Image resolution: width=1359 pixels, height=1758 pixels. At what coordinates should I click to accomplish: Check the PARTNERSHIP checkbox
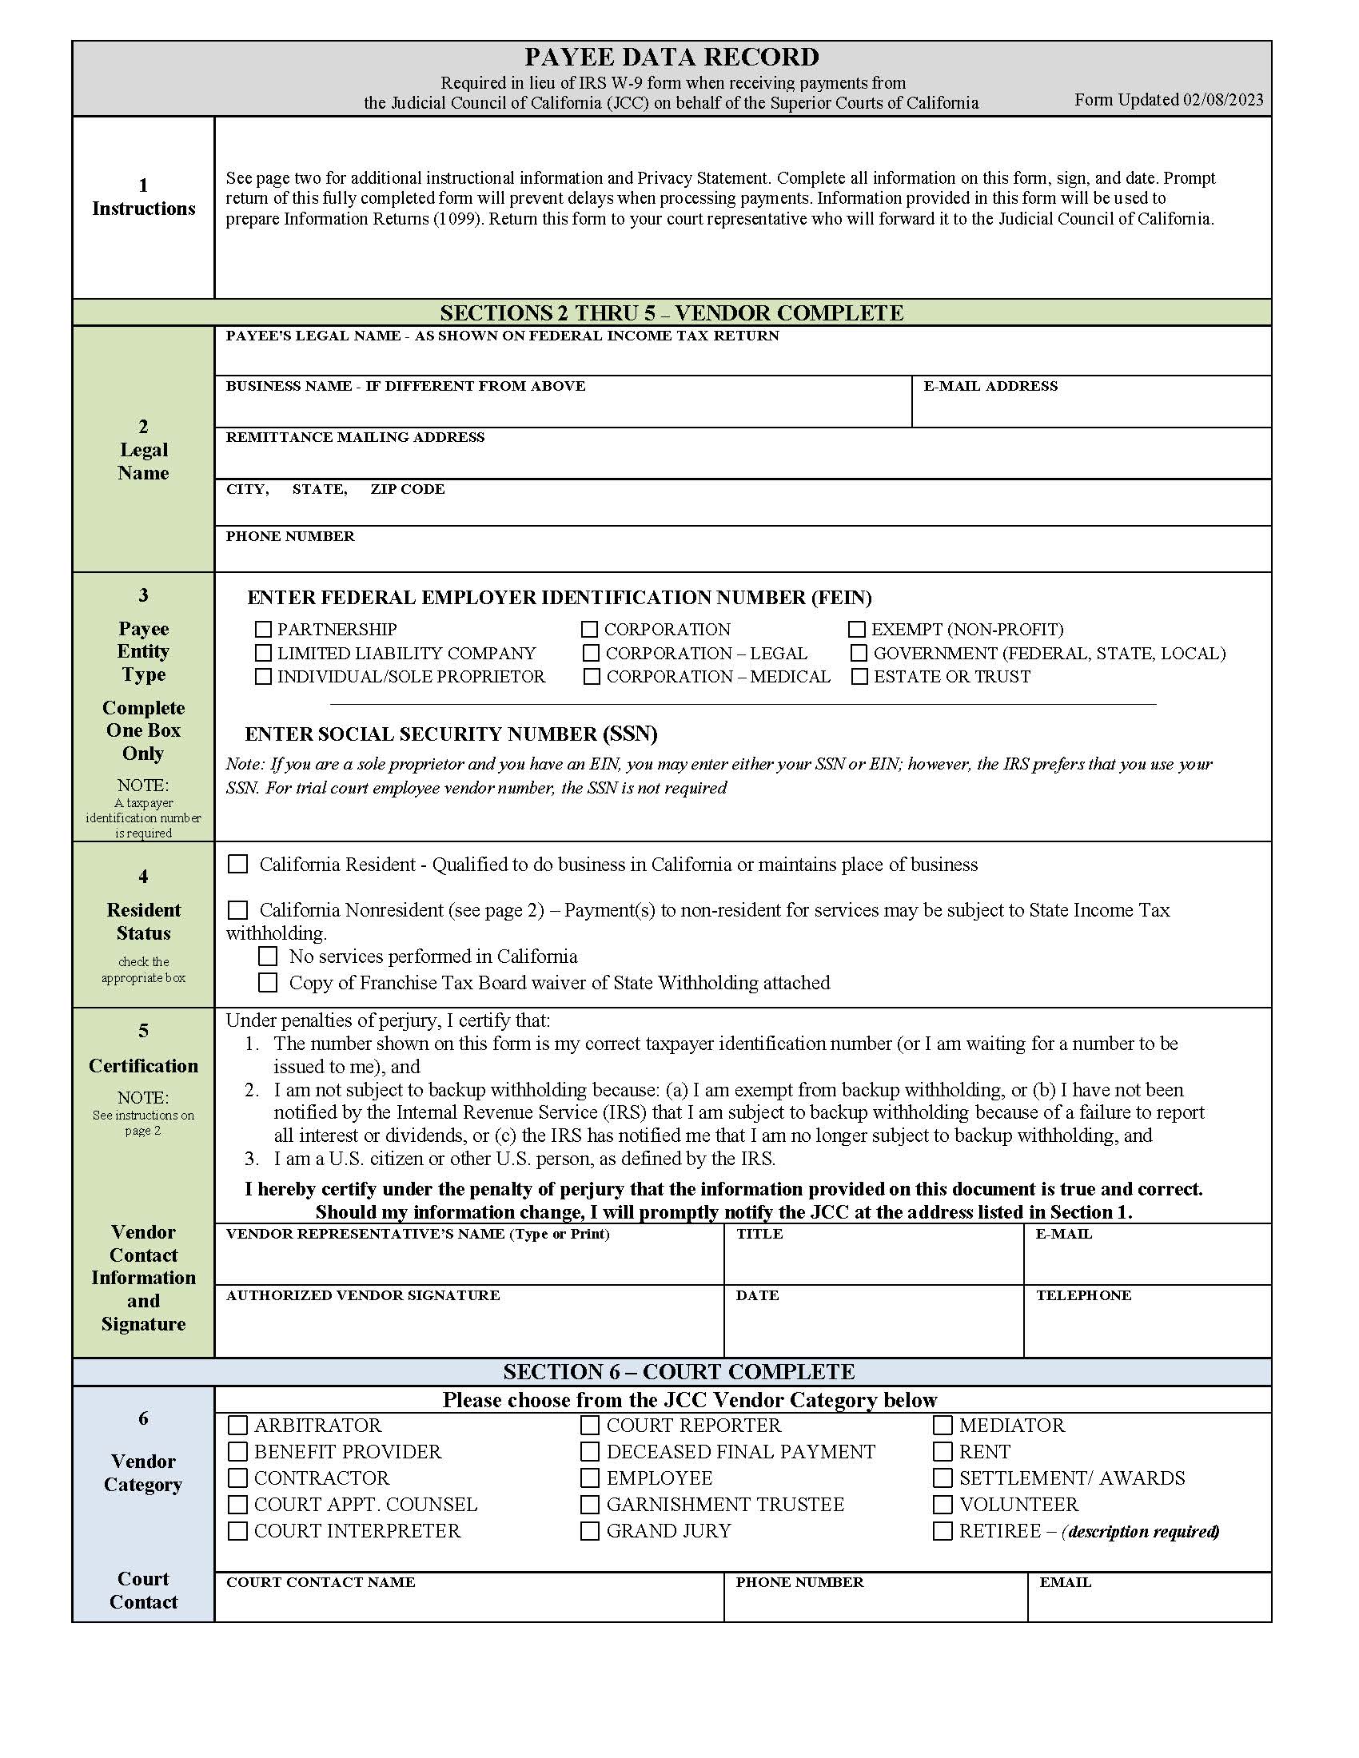263,629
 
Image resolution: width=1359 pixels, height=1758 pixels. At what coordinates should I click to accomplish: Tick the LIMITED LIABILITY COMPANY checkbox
263,653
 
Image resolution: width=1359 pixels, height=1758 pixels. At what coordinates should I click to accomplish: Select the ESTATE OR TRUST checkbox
860,676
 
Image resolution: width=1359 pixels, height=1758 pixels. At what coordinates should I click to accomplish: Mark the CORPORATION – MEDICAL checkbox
592,676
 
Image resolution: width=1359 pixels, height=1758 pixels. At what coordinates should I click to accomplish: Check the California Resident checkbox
237,864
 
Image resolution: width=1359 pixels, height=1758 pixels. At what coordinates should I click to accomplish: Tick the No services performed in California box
267,957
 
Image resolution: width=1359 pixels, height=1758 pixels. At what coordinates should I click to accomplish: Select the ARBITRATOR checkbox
237,1425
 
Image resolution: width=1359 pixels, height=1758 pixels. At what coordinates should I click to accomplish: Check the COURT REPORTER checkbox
590,1425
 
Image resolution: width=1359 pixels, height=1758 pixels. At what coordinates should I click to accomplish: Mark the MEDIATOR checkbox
943,1425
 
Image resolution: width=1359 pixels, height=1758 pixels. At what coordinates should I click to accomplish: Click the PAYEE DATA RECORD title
672,58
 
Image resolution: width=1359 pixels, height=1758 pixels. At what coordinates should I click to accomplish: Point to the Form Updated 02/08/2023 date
1168,100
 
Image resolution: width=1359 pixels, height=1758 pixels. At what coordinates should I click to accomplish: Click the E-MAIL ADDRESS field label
990,387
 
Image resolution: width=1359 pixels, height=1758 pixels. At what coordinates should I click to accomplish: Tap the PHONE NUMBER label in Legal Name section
290,536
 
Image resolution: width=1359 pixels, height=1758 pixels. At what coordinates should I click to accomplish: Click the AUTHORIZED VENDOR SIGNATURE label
362,1295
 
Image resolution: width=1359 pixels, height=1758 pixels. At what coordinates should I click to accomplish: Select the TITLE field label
759,1234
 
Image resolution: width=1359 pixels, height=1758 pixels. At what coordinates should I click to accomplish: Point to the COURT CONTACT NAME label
321,1581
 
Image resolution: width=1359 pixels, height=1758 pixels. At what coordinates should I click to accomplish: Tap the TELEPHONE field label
1083,1295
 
